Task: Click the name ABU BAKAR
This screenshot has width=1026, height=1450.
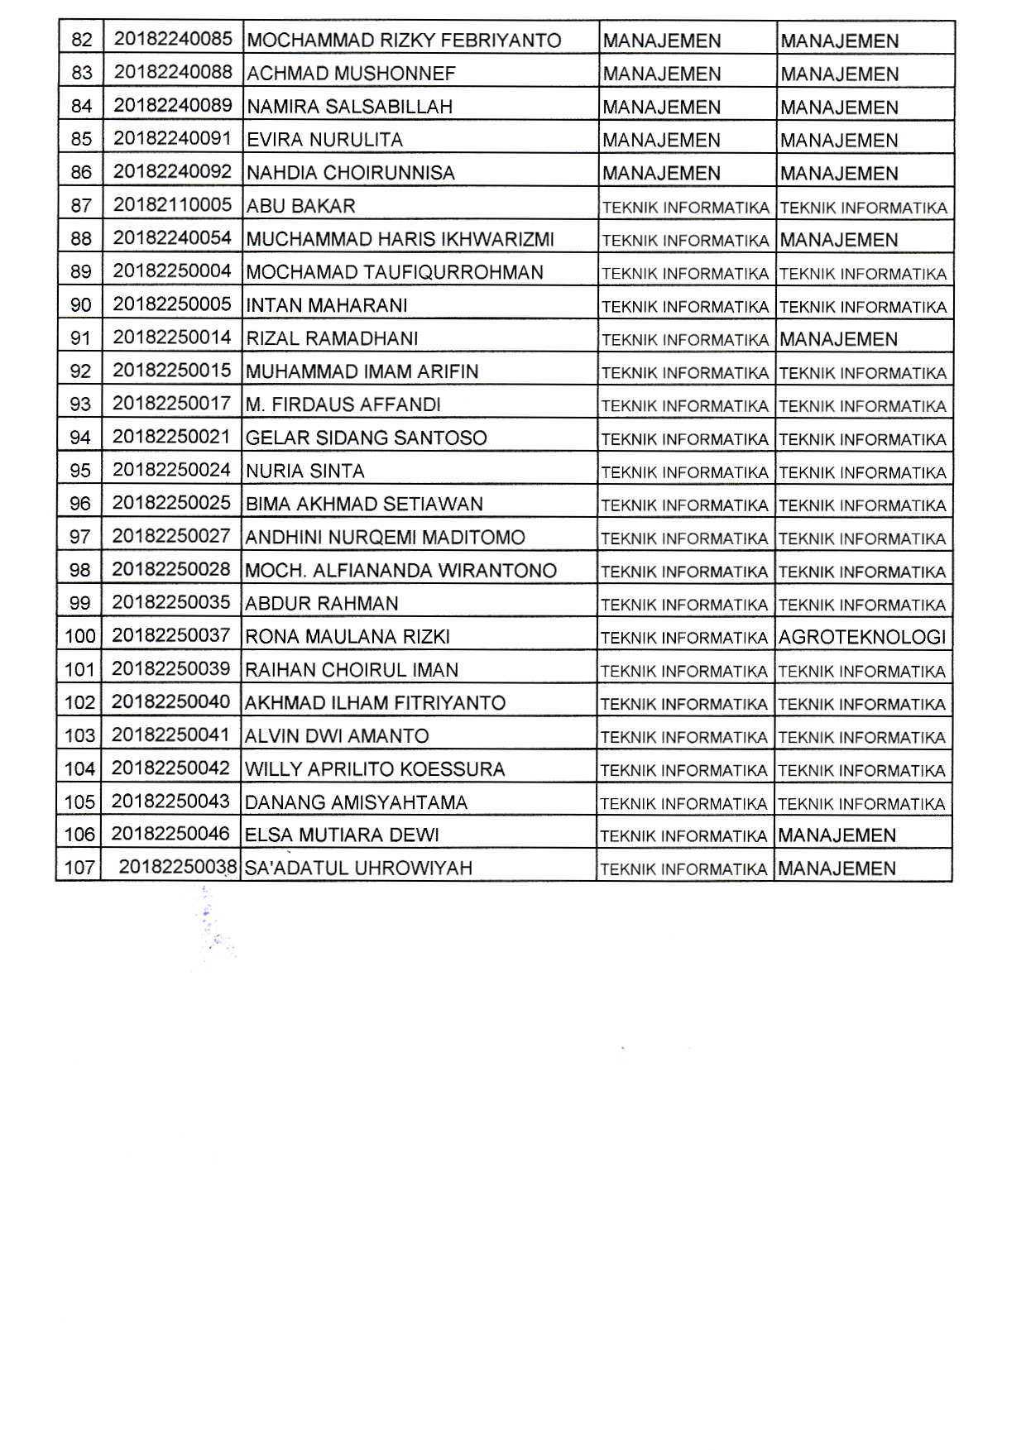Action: [x=300, y=206]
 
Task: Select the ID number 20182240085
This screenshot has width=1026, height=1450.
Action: [x=173, y=39]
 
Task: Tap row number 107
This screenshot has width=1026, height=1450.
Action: [x=79, y=869]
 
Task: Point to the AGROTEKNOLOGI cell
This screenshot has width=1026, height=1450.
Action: [x=861, y=637]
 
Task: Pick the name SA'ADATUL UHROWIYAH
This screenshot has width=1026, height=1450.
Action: [x=359, y=869]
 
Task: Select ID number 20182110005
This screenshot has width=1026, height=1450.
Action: [x=172, y=205]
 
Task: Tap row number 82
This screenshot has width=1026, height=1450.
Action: [x=82, y=40]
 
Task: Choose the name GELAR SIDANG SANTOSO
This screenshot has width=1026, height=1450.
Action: [x=367, y=438]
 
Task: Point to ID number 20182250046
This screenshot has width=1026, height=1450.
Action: [x=170, y=834]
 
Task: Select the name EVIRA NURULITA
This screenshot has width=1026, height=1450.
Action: [x=324, y=140]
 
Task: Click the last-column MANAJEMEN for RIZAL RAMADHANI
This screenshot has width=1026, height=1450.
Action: [x=838, y=339]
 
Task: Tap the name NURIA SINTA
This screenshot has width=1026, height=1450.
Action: [x=304, y=471]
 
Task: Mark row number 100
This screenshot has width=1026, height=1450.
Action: [x=80, y=637]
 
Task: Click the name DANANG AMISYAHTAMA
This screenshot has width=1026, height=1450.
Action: [x=356, y=802]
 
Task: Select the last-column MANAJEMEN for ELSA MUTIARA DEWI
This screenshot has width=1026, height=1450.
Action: [x=837, y=835]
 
